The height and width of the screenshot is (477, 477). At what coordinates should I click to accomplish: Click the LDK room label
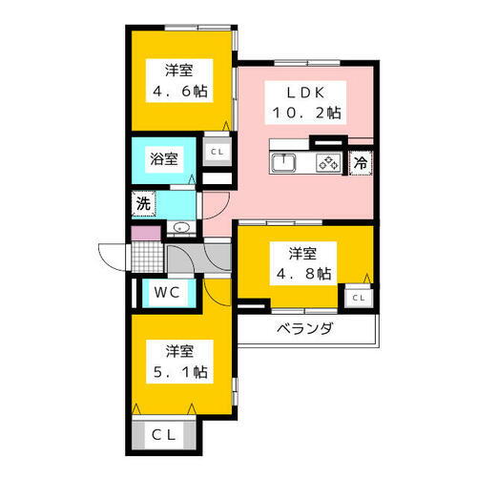click(304, 92)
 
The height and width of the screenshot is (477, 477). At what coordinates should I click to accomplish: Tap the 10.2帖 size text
click(304, 112)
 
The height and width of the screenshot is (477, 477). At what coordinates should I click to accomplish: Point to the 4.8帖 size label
click(303, 274)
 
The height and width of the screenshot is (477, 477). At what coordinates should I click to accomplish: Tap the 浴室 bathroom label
click(163, 158)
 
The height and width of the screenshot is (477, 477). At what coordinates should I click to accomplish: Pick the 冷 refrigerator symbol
click(361, 163)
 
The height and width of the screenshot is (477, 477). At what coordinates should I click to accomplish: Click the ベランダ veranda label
click(305, 329)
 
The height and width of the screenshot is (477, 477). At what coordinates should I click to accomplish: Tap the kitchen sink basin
click(284, 163)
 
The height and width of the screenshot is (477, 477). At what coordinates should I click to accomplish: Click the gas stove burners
click(328, 163)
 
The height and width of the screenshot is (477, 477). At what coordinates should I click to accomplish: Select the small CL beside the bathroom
click(217, 151)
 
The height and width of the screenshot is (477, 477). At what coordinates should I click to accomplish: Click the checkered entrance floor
click(148, 258)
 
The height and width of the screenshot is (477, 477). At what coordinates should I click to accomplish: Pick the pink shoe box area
click(144, 233)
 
